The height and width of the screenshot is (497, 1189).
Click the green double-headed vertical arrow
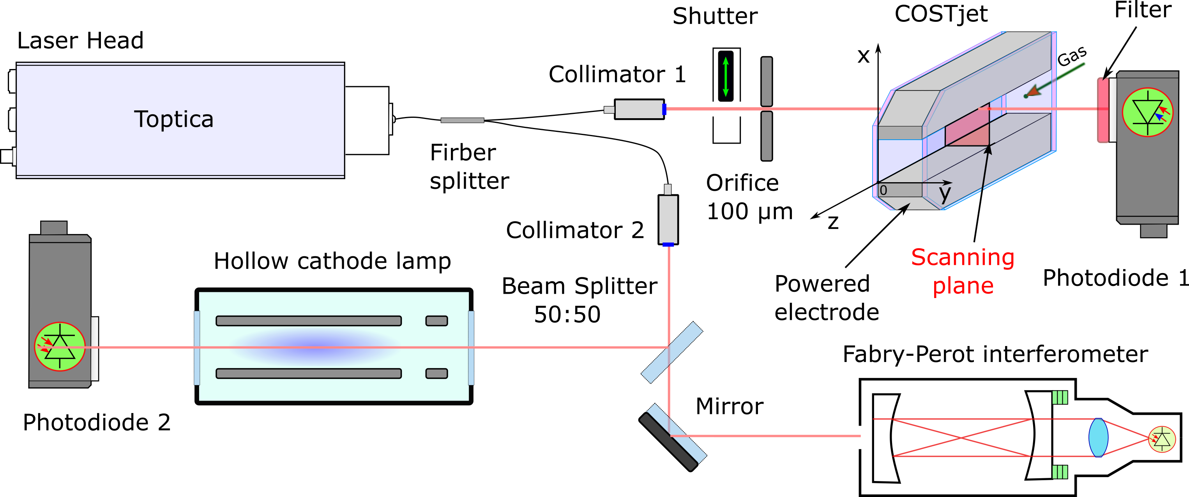(x=726, y=77)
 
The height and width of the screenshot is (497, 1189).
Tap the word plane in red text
(x=963, y=286)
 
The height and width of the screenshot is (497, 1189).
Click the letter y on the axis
(x=945, y=193)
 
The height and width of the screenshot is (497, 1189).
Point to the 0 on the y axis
(x=883, y=190)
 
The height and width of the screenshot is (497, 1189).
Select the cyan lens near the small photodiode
(x=1098, y=437)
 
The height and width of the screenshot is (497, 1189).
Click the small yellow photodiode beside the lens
(x=1162, y=439)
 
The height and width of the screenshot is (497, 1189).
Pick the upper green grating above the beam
(x=1060, y=397)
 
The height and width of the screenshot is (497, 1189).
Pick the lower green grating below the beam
(x=1060, y=472)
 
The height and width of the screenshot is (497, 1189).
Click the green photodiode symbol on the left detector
(x=60, y=346)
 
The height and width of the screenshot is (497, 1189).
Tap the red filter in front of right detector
(x=1103, y=110)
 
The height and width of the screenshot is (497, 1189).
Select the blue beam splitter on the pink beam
(x=671, y=352)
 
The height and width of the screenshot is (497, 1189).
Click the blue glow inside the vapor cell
(x=318, y=347)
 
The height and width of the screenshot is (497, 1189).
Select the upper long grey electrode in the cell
(x=308, y=321)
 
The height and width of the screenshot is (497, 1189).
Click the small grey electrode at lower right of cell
(x=436, y=373)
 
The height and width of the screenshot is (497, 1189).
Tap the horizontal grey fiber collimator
(x=639, y=110)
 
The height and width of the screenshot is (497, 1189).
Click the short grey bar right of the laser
(x=462, y=120)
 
